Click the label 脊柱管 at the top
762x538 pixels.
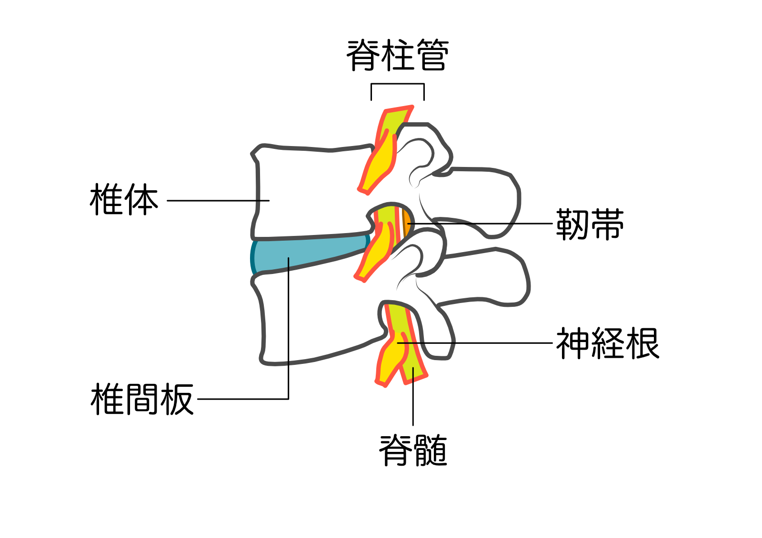pos(397,56)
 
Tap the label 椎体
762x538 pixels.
pos(124,200)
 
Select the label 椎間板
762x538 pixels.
pos(142,399)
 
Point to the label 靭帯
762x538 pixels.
pos(590,224)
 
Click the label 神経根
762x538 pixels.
pos(607,343)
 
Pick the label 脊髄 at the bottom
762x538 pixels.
pos(413,450)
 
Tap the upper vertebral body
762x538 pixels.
pos(310,190)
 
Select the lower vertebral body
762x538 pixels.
pos(314,319)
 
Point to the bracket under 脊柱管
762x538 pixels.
pos(397,85)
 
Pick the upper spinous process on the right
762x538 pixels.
pos(481,200)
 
